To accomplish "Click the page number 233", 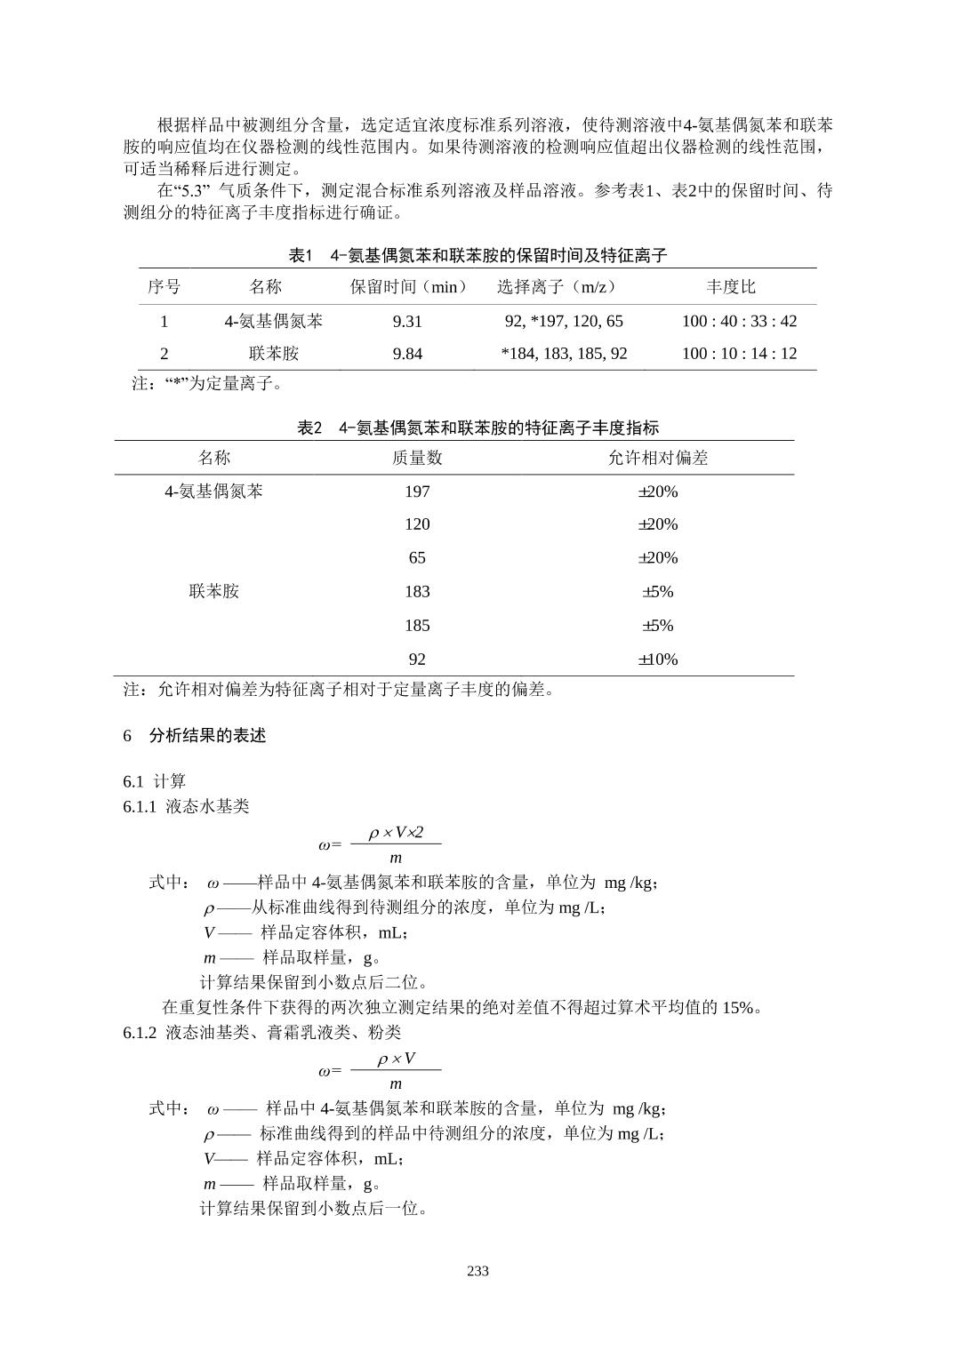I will click(x=477, y=1271).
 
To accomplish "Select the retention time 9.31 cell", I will click(x=407, y=321).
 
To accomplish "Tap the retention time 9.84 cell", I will click(x=407, y=354).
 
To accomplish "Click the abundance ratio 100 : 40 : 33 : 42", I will click(x=739, y=321).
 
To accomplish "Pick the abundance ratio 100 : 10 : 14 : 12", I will click(x=739, y=354).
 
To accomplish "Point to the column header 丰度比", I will click(x=731, y=286).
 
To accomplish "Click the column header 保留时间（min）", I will click(x=408, y=286).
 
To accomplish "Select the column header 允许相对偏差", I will click(x=657, y=458).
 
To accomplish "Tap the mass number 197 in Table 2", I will click(x=417, y=492).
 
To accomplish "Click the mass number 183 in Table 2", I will click(x=417, y=592).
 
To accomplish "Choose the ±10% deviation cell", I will click(x=657, y=660).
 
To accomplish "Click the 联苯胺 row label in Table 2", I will click(x=214, y=592).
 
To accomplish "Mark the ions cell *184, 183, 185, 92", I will click(x=564, y=354).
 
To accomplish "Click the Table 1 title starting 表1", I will click(x=477, y=256).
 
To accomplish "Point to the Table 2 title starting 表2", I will click(x=477, y=428).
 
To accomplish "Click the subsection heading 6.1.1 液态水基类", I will click(x=186, y=806).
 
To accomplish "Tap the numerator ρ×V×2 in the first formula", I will click(x=397, y=832).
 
